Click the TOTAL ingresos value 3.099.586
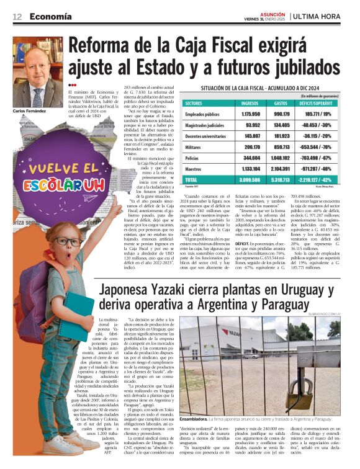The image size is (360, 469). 250,180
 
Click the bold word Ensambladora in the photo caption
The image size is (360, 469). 196,403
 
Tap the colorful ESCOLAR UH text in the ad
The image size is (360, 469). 56,185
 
